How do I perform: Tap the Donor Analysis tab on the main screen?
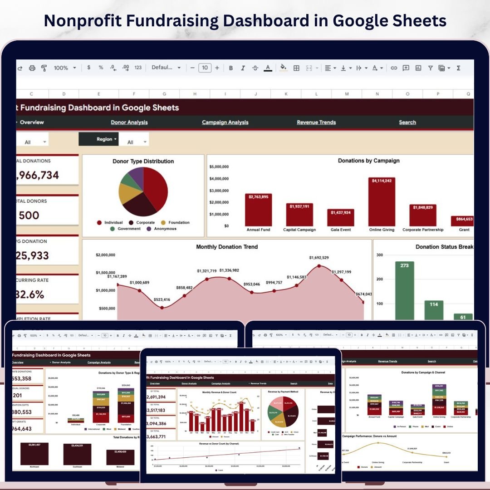pyautogui.click(x=129, y=122)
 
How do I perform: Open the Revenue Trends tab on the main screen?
pyautogui.click(x=316, y=122)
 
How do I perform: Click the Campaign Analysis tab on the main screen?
pyautogui.click(x=225, y=122)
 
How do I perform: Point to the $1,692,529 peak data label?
pyautogui.click(x=319, y=258)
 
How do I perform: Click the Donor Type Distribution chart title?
pyautogui.click(x=143, y=161)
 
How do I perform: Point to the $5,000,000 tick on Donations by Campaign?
pyautogui.click(x=219, y=167)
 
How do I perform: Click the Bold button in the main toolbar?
pyautogui.click(x=231, y=68)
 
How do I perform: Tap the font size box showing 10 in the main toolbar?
pyautogui.click(x=205, y=68)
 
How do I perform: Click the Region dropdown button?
pyautogui.click(x=98, y=139)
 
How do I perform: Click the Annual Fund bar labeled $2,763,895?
pyautogui.click(x=258, y=210)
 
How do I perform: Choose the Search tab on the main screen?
pyautogui.click(x=407, y=122)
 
